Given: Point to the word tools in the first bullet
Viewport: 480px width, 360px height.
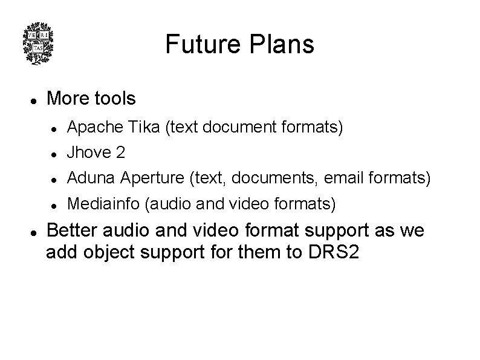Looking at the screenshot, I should tap(114, 98).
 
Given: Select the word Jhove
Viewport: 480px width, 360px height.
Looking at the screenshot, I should tap(87, 153).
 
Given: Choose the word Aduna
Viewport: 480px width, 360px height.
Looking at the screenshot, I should tap(91, 178).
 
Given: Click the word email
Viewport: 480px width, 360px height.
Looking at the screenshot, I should tap(343, 178).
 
